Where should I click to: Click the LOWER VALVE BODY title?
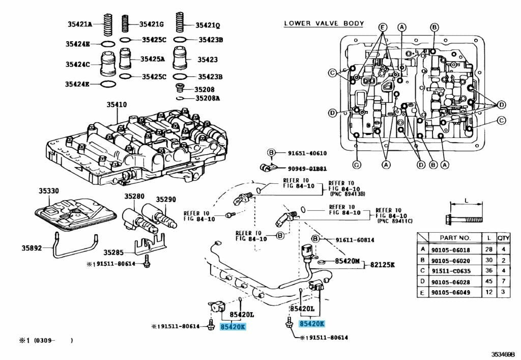tap(324, 23)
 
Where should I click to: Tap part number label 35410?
tap(117, 105)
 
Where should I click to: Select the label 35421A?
tap(79, 23)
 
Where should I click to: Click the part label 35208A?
tap(207, 98)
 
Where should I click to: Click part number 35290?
tap(165, 199)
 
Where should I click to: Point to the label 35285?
tap(113, 252)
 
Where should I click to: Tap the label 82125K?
tap(382, 265)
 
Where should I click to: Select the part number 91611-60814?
tap(354, 240)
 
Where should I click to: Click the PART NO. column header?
tap(454, 238)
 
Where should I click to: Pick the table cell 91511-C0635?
tap(450, 270)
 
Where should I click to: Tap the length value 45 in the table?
tap(488, 282)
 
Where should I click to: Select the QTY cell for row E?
tap(503, 292)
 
